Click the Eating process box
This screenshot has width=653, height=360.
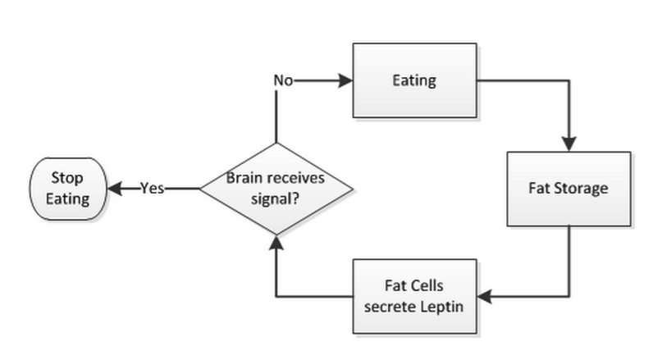click(413, 81)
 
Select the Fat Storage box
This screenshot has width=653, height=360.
click(569, 189)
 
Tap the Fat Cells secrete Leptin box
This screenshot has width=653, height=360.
click(414, 295)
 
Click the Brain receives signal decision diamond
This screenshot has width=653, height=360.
click(276, 189)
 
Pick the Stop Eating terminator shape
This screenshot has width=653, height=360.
click(68, 188)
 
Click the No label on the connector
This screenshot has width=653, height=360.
click(282, 81)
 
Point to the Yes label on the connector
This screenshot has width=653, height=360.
click(152, 189)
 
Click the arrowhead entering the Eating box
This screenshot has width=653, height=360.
click(345, 81)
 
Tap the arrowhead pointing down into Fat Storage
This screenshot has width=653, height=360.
click(569, 144)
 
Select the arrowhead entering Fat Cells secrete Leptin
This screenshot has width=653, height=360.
click(484, 295)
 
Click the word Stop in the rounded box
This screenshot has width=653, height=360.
click(67, 178)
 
